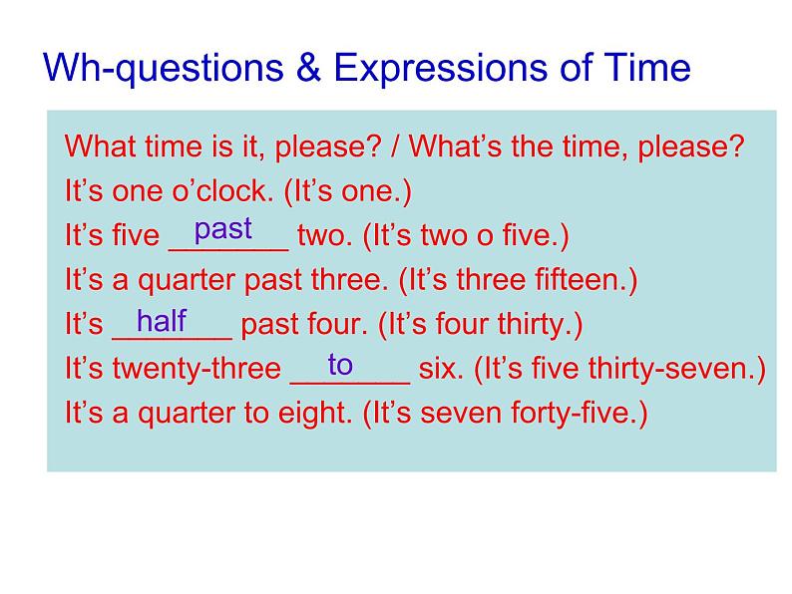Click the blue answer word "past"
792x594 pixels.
[222, 229]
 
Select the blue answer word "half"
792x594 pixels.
[162, 320]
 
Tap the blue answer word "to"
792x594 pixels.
[340, 365]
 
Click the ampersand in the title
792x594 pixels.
[308, 67]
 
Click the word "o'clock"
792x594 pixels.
[222, 190]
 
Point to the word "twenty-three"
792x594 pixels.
[197, 368]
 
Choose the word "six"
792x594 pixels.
[441, 369]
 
